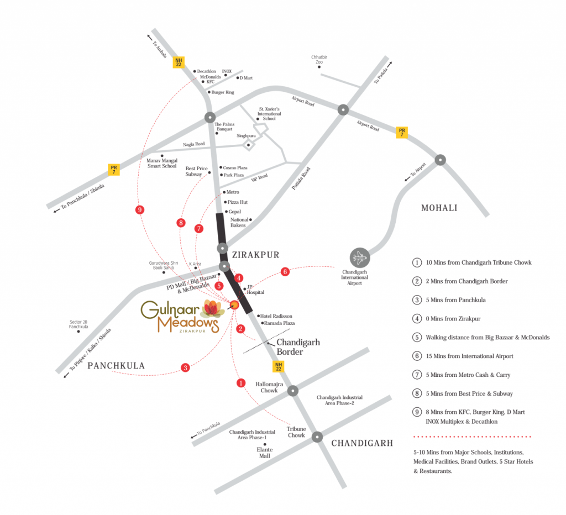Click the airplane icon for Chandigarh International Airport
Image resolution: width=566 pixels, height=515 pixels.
coord(359,257)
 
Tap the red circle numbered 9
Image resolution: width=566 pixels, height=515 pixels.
coord(140,209)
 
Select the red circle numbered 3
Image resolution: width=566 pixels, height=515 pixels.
coord(185,368)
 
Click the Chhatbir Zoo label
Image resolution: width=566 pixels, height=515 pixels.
coord(319,60)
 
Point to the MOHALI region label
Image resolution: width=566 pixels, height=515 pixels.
coord(439,208)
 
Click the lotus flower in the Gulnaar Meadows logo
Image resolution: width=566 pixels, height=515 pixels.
coord(213,308)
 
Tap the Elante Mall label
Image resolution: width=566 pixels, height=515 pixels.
coord(265,453)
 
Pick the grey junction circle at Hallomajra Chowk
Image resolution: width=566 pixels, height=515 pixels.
coord(293,391)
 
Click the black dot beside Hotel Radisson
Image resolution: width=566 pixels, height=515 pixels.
coord(259,316)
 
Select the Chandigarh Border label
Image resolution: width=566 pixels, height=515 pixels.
coord(298,347)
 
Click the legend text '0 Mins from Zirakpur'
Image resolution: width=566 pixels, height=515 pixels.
coord(453,319)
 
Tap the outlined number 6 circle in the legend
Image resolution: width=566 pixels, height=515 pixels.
coord(417,356)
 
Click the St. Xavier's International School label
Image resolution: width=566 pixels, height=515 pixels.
coord(269,114)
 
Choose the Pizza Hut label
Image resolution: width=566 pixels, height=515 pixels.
coord(238,202)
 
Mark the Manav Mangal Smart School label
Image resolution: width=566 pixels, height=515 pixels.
coord(162,163)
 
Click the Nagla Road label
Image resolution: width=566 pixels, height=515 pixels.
coord(194,144)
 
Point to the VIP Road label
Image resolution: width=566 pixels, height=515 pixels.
coord(259,177)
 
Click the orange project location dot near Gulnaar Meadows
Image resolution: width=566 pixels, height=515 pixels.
coord(234,305)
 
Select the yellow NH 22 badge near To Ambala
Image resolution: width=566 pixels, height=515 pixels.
coord(179,62)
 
